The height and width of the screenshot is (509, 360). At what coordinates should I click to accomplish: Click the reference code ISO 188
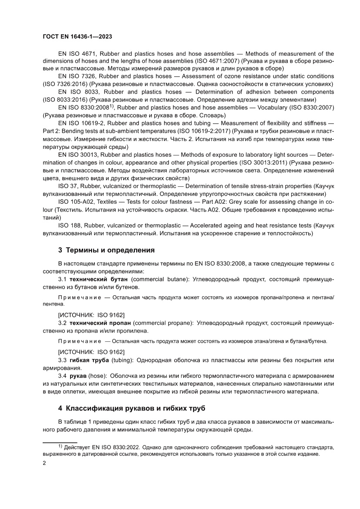point(69,226)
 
